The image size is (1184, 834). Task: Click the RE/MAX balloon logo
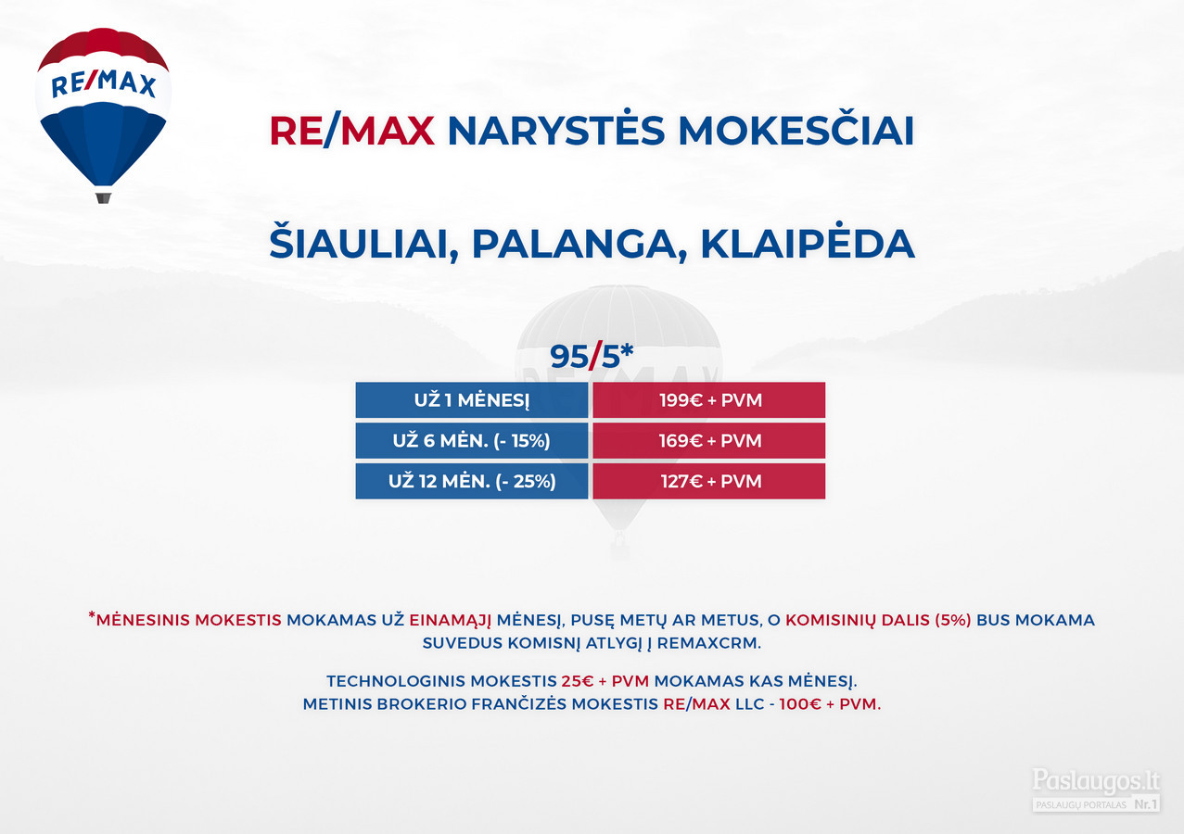coord(103,115)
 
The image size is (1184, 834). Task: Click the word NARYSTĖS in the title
coord(555,130)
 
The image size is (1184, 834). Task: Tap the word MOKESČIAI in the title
coord(796,130)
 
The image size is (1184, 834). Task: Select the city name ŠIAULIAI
coord(363,243)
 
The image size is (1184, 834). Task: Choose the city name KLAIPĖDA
coord(808,243)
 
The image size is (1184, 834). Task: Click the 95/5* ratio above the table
coord(591,356)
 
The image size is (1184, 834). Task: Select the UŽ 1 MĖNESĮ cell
coord(472,400)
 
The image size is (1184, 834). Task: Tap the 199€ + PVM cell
coord(708,400)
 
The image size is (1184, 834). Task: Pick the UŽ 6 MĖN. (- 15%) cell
coord(472,440)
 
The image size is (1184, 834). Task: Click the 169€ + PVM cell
coord(708,440)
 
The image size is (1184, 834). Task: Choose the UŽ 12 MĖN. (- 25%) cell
coord(472,481)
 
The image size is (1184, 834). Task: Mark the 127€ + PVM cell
coord(708,481)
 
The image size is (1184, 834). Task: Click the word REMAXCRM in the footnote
coord(708,643)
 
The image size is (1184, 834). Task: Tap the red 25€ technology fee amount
coord(578,681)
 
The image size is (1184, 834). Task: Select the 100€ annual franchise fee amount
coord(800,704)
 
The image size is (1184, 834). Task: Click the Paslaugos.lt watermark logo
coord(1096,790)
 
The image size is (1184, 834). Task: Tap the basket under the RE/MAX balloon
coord(103,198)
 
